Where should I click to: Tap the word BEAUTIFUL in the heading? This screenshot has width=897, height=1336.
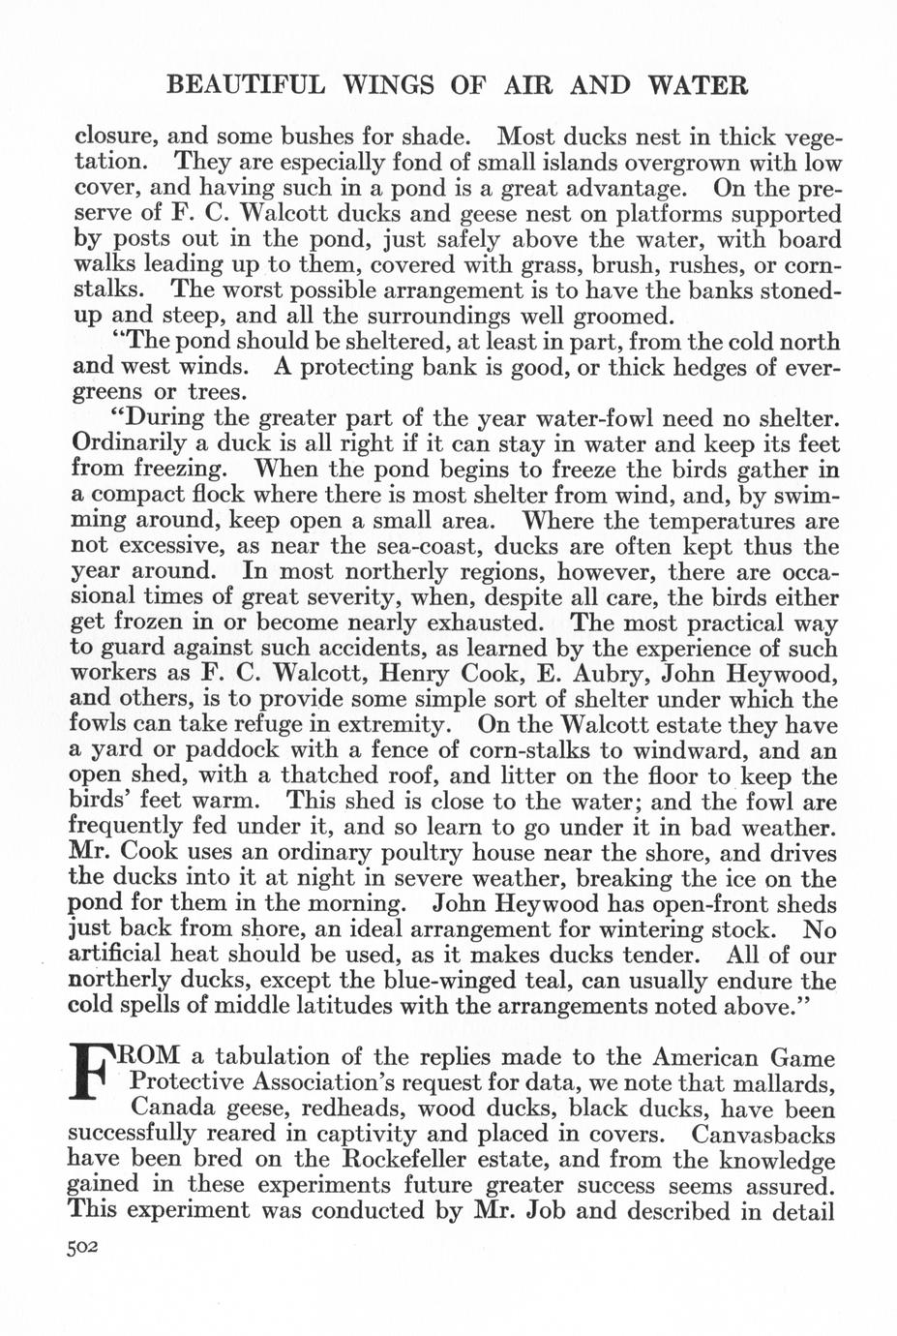pos(246,85)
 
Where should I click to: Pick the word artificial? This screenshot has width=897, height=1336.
pos(114,955)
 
